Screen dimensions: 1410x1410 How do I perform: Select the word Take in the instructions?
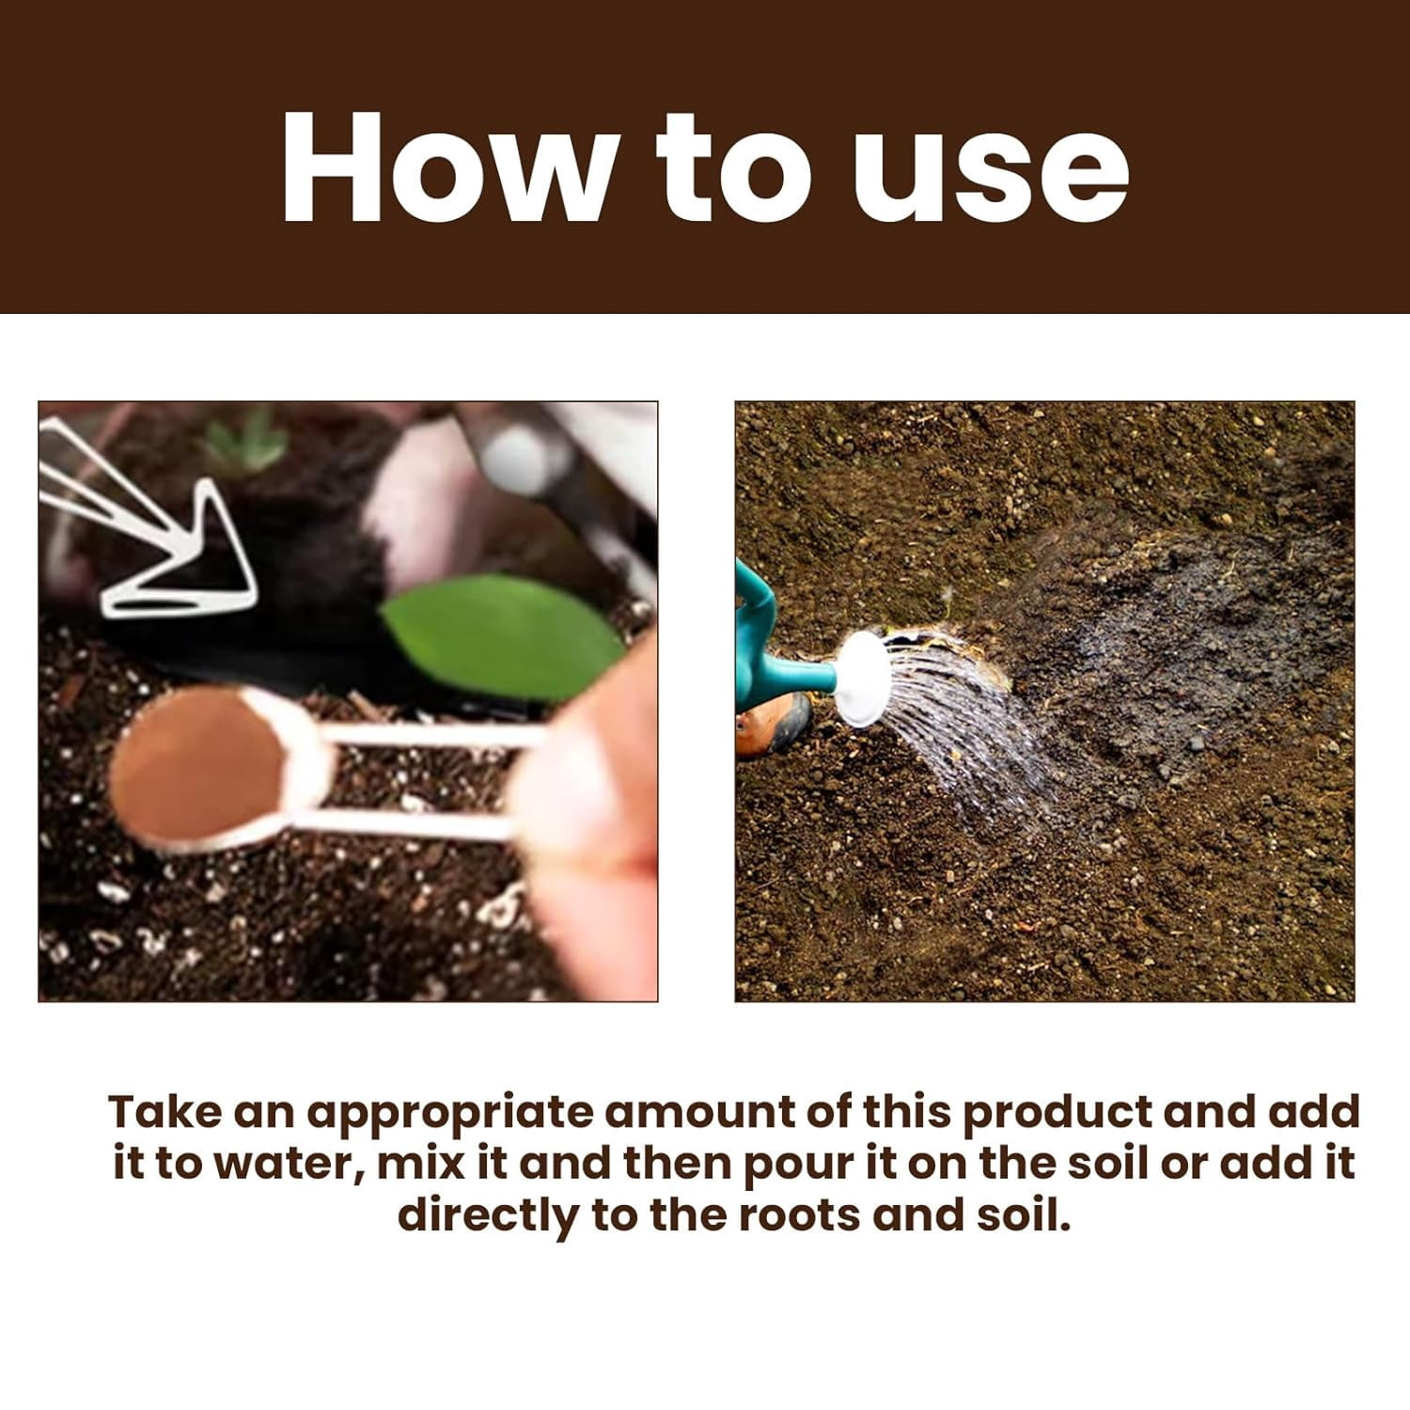(x=165, y=1112)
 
